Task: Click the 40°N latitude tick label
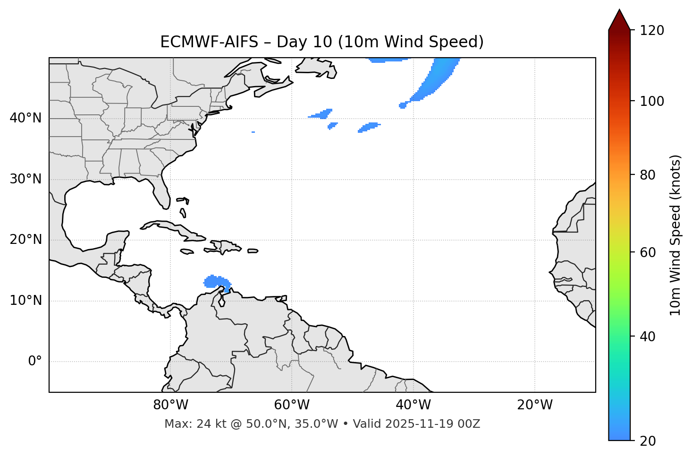click(25, 118)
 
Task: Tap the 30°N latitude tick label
click(25, 179)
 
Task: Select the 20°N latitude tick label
click(25, 240)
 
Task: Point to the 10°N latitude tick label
click(25, 301)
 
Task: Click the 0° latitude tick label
click(35, 362)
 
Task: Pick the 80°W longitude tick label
click(170, 405)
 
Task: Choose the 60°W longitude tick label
click(292, 405)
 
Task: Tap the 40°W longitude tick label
click(413, 405)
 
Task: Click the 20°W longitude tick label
click(534, 405)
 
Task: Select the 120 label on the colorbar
click(652, 31)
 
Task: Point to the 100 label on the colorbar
click(652, 101)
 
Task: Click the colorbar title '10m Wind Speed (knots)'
click(675, 235)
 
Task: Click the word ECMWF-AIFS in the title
click(209, 42)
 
